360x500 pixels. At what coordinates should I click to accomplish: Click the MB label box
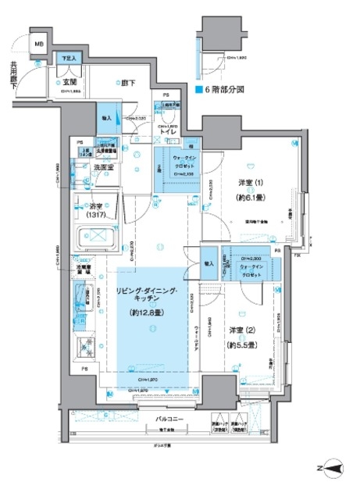click(x=38, y=45)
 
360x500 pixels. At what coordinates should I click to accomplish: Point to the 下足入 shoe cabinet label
click(x=67, y=59)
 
